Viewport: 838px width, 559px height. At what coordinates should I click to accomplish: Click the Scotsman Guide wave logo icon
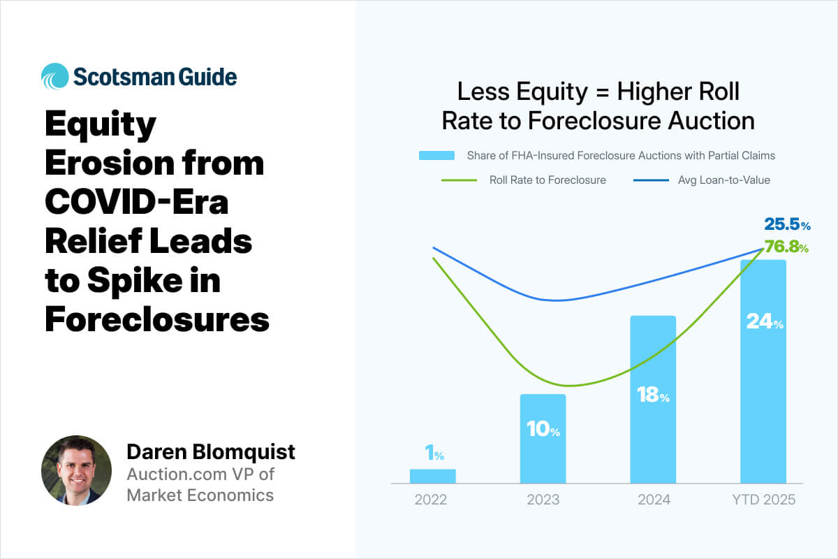tap(55, 76)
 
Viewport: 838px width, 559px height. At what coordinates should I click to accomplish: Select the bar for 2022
tap(433, 476)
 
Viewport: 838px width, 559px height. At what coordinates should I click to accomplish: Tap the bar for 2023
tap(543, 438)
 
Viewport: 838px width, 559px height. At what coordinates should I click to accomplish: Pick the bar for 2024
tap(653, 400)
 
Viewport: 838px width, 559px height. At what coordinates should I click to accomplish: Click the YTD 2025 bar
tap(763, 372)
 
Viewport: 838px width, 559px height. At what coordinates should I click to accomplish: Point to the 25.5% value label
tap(787, 224)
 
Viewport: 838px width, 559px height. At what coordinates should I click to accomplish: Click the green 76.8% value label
tap(786, 247)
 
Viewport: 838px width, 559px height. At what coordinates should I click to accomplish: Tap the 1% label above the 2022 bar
tap(434, 452)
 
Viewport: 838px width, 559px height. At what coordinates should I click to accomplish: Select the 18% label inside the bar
tap(653, 395)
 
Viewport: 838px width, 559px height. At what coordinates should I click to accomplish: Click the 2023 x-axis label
tap(543, 500)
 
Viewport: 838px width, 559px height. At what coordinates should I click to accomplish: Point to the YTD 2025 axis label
tap(763, 500)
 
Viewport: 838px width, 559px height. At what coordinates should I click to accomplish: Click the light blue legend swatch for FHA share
tap(436, 155)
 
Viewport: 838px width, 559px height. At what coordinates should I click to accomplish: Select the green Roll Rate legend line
tap(459, 180)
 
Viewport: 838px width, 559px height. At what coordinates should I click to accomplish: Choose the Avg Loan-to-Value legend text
tap(724, 180)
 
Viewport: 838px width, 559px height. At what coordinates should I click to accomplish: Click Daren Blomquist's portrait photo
tap(76, 470)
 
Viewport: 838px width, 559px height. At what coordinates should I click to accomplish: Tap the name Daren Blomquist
tap(211, 451)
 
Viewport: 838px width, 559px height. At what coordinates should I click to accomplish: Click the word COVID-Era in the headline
tap(137, 202)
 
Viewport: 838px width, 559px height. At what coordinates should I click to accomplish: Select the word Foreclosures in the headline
tap(157, 319)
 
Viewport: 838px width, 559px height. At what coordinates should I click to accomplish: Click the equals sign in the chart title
tap(602, 92)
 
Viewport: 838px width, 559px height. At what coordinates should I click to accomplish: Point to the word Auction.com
tap(177, 474)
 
